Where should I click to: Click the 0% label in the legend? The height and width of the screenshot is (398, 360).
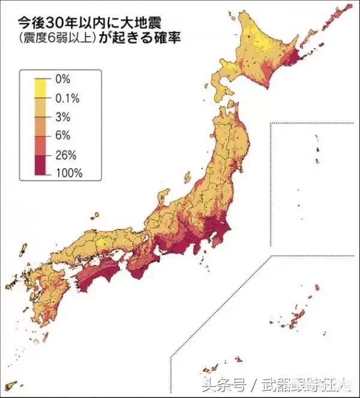point(63,79)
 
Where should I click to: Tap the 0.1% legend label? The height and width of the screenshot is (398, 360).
point(67,98)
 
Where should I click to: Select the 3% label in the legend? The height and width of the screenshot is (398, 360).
point(63,116)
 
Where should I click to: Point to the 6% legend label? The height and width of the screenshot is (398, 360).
point(63,136)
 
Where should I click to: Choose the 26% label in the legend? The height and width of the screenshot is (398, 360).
point(65,155)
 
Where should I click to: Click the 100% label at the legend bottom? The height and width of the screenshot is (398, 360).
point(68,173)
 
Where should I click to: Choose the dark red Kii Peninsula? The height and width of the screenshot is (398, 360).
point(139,264)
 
